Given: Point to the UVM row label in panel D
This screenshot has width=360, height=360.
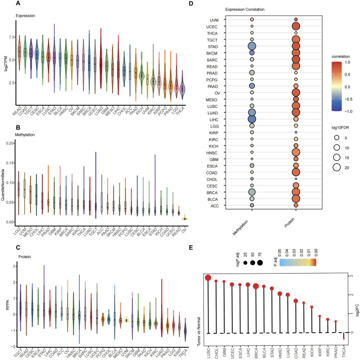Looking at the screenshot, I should click(x=229, y=19).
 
